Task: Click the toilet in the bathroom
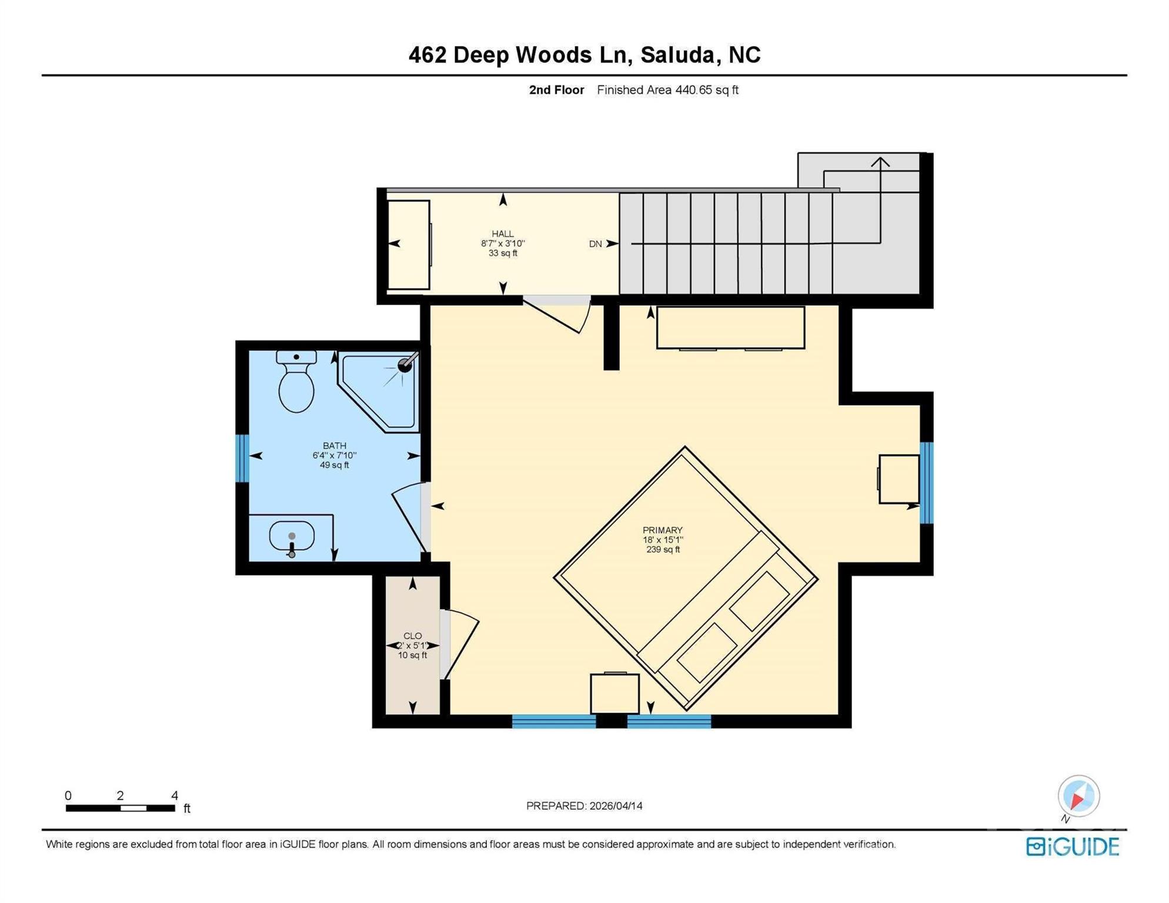click(x=296, y=384)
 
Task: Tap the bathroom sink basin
click(x=292, y=536)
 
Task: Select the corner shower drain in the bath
click(x=405, y=366)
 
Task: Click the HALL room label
click(x=503, y=234)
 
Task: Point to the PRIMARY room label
click(x=663, y=530)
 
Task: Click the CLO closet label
click(x=412, y=636)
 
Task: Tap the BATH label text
click(x=334, y=446)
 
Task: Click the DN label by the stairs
click(x=595, y=244)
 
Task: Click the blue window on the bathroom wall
click(x=242, y=458)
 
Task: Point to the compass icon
click(x=1078, y=796)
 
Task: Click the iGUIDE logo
click(x=1073, y=847)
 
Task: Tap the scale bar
click(x=121, y=808)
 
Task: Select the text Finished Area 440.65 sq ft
click(x=667, y=90)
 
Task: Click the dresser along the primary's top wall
click(x=730, y=327)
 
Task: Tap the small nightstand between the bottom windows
click(x=614, y=694)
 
